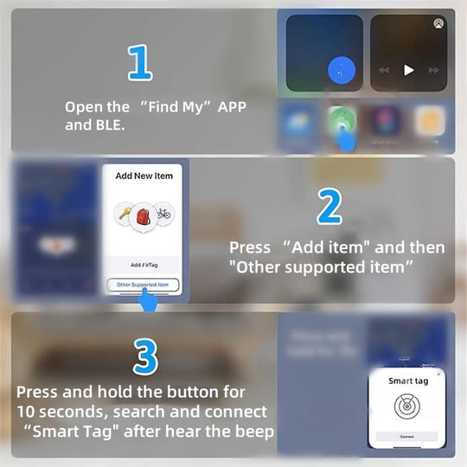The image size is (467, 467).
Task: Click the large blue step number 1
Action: pyautogui.click(x=139, y=63)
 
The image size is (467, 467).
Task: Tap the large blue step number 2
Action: pyautogui.click(x=329, y=207)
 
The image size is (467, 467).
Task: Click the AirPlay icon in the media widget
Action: pyautogui.click(x=439, y=24)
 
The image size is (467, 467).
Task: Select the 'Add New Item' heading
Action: pyautogui.click(x=144, y=176)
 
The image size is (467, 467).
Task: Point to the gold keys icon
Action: pyautogui.click(x=124, y=214)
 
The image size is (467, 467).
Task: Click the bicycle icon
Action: pyautogui.click(x=163, y=214)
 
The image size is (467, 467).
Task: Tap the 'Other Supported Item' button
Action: pyautogui.click(x=144, y=285)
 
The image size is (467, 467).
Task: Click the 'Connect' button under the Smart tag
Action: pyautogui.click(x=406, y=437)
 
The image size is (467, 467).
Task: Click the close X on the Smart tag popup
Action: pyautogui.click(x=438, y=374)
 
